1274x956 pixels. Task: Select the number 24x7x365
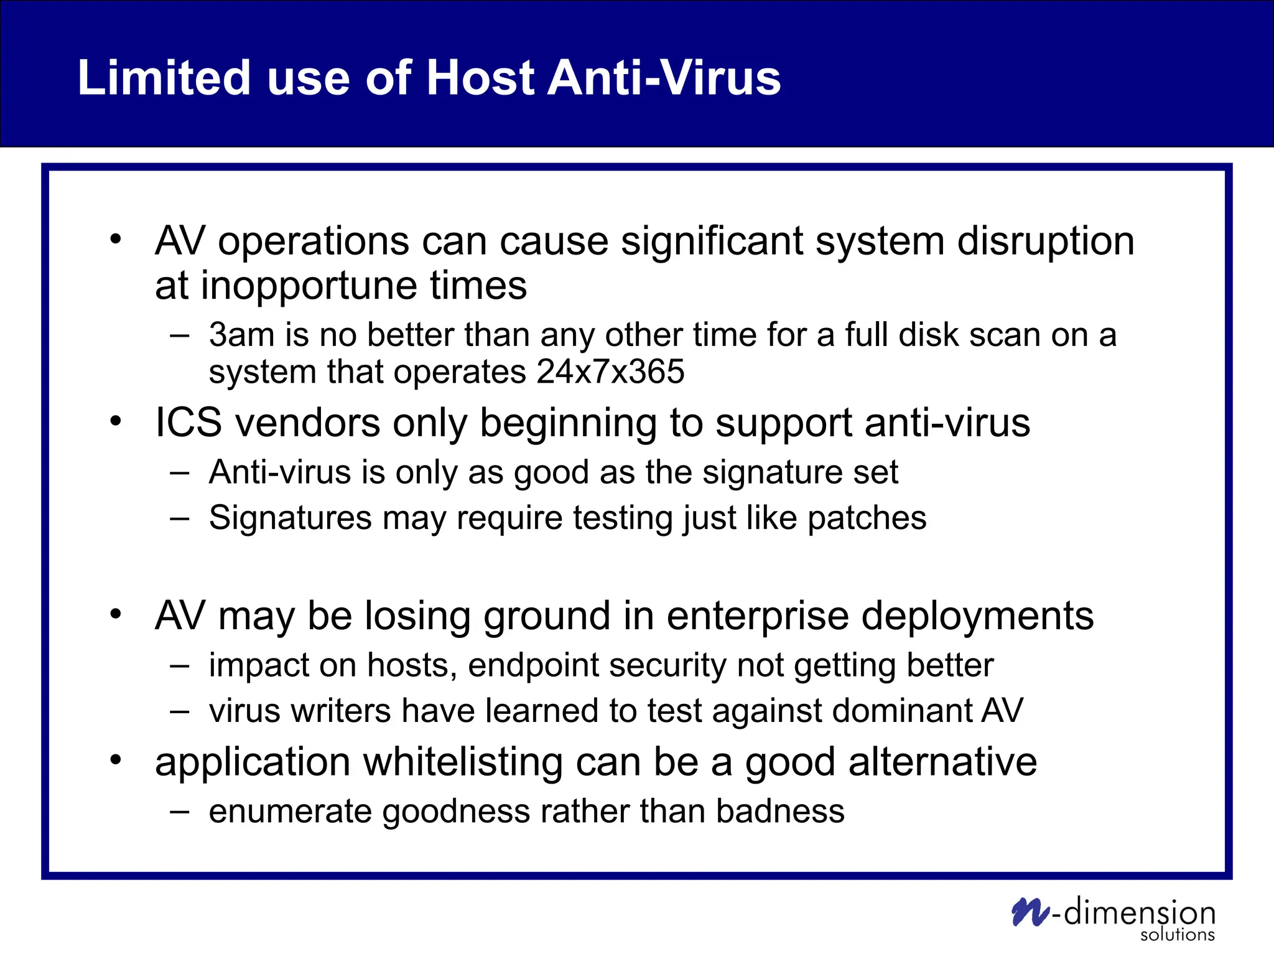click(610, 372)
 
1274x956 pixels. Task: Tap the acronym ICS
click(188, 423)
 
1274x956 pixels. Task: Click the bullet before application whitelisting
click(116, 760)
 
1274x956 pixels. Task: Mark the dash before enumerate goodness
click(179, 811)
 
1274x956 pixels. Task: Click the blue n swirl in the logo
click(1030, 912)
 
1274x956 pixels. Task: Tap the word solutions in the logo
click(1177, 935)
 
